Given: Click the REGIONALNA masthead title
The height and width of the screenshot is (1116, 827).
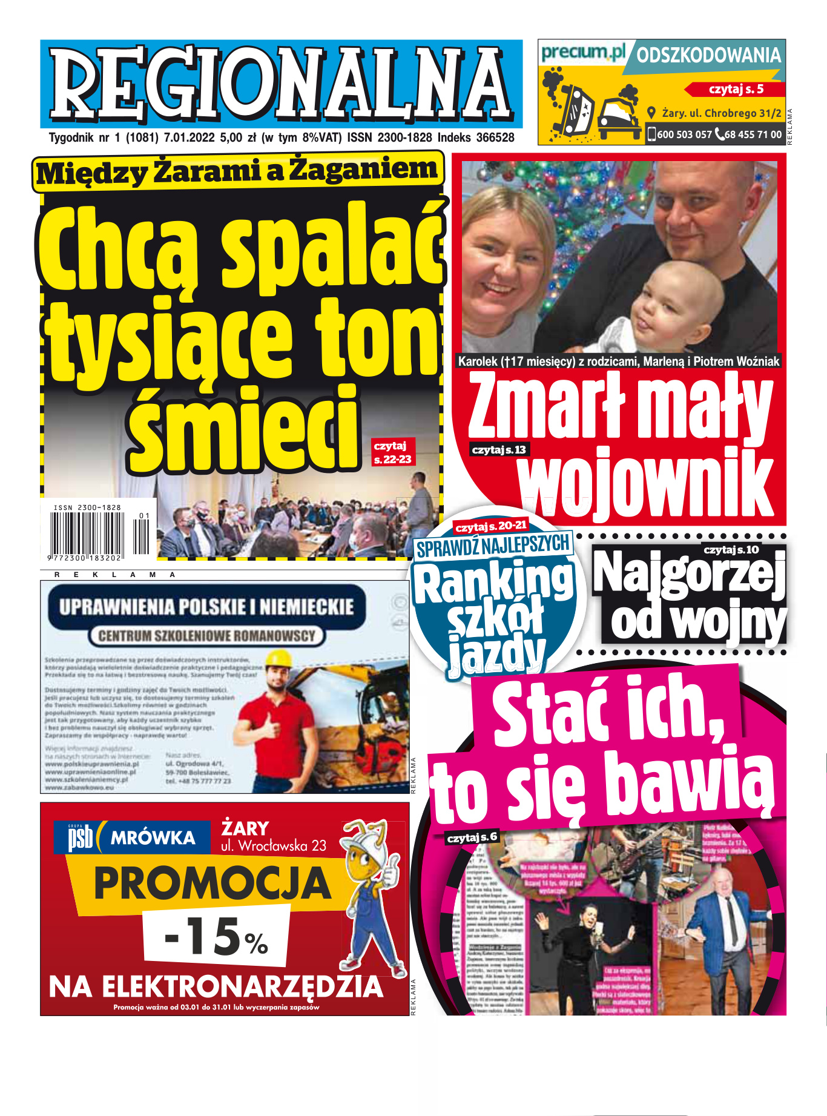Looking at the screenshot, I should tap(281, 83).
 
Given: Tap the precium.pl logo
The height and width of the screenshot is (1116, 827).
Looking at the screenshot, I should tap(582, 53).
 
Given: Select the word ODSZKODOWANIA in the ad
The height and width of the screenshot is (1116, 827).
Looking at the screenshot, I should tap(708, 56).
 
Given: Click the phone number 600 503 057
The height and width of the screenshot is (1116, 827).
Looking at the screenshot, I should tap(684, 134).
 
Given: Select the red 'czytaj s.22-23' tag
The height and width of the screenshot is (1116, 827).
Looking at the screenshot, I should tap(392, 452).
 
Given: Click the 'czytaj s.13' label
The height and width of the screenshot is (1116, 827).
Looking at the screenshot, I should tap(498, 450).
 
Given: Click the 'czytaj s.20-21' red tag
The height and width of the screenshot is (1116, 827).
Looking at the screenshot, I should tap(490, 526).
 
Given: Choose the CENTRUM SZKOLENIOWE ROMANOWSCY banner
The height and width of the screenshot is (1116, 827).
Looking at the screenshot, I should tap(206, 636).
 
